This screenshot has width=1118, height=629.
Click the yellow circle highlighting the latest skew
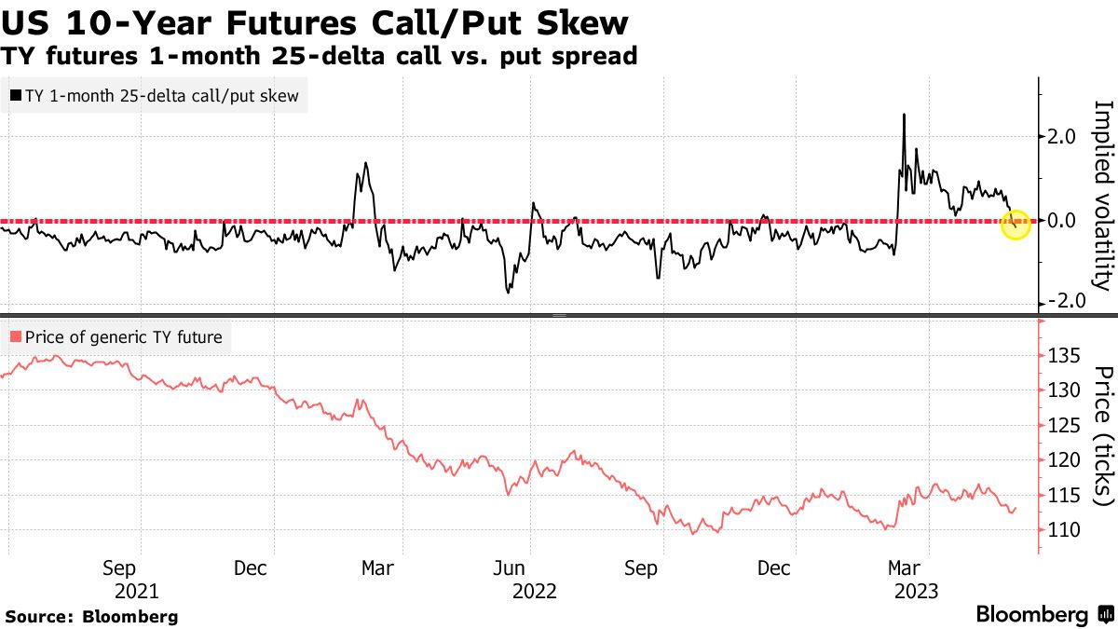click(1015, 224)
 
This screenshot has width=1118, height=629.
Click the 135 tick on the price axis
click(1064, 356)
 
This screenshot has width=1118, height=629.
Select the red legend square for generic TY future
click(15, 337)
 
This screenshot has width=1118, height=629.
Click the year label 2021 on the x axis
click(136, 591)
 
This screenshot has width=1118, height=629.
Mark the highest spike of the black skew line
click(904, 115)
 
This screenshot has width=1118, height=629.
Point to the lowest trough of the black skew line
click(509, 293)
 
